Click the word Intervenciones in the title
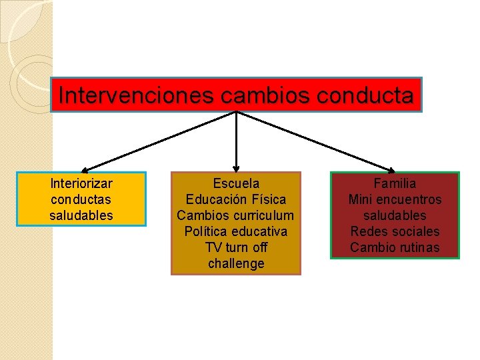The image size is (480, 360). (x=136, y=96)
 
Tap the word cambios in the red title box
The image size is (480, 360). (x=261, y=96)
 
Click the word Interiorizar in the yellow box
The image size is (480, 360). (x=81, y=183)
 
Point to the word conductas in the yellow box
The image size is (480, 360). (x=81, y=199)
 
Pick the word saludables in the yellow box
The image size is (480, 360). (x=81, y=215)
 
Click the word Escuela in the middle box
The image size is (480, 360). (x=236, y=183)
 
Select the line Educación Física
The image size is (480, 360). (x=236, y=199)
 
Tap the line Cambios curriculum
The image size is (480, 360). (x=236, y=215)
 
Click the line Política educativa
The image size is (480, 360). (x=236, y=231)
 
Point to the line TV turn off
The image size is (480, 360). (x=236, y=247)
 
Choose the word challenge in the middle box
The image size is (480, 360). (x=236, y=263)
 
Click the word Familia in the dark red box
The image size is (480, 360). (x=395, y=183)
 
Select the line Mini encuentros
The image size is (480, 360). (x=395, y=199)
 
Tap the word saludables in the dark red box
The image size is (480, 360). (x=395, y=215)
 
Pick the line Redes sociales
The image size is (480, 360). (x=395, y=231)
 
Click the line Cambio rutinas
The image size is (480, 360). (x=395, y=247)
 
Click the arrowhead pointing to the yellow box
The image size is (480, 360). (x=86, y=170)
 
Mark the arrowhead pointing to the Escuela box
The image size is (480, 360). (x=237, y=169)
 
